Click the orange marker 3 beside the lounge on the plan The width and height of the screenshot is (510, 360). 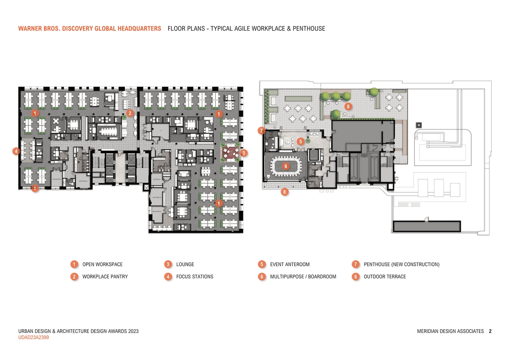(244, 152)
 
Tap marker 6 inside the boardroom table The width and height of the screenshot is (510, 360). (285, 166)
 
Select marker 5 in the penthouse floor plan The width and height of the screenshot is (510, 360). (301, 141)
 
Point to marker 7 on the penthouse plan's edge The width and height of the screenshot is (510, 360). (261, 130)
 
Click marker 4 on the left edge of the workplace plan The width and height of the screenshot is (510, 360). (16, 151)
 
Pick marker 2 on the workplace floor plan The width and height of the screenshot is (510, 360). (130, 113)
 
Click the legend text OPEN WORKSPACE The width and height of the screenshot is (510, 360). (102, 264)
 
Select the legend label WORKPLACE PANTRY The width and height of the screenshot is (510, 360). (105, 276)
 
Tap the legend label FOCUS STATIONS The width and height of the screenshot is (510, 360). (195, 276)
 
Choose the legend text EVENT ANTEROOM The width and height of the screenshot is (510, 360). (289, 264)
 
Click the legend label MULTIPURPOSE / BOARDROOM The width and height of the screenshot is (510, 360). (303, 276)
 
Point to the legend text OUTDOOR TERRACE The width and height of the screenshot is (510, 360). (385, 276)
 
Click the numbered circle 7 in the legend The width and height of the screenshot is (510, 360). (355, 264)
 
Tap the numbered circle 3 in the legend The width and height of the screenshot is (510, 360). (168, 264)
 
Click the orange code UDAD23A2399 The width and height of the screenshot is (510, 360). (34, 338)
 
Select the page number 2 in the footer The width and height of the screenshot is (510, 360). (490, 331)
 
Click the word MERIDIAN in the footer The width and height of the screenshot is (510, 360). (430, 331)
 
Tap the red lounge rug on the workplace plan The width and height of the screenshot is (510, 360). (230, 152)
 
